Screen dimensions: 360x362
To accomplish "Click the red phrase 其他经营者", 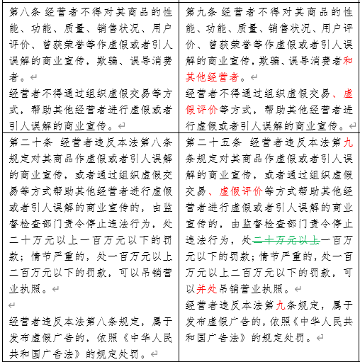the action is [217, 76].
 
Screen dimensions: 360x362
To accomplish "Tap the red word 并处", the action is [207, 288].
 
